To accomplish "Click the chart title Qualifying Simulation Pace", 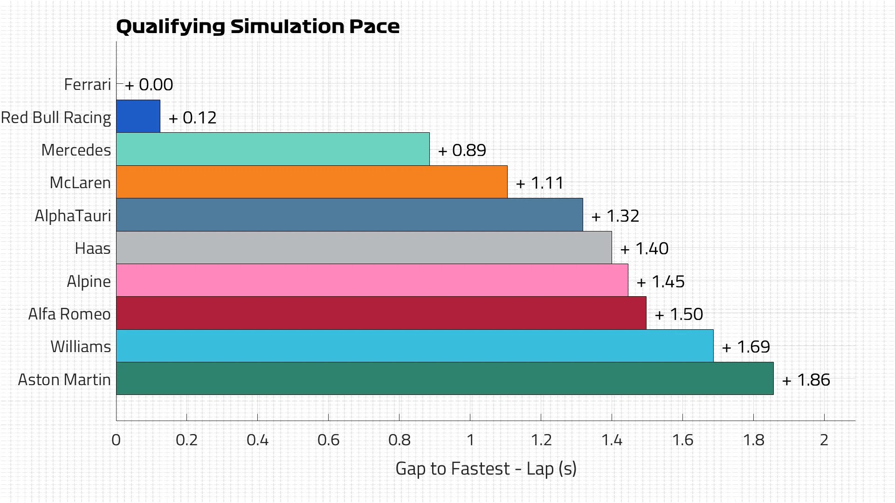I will coord(257,27).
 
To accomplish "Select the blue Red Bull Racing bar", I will coord(138,116).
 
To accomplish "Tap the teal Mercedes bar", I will coord(273,149).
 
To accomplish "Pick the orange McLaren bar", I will coord(311,182).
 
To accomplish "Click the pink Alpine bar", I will coord(372,280).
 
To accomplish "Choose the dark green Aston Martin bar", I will coord(445,379).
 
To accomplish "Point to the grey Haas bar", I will coord(364,247).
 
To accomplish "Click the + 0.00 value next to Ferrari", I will coord(149,85).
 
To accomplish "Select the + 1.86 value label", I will coord(806,380).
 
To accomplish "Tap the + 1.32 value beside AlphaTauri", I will coord(615,216).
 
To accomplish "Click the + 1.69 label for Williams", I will coord(746,347).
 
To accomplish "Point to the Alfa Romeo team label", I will coord(69,314).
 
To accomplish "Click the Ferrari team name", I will coord(88,85).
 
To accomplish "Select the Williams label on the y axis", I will coord(81,347).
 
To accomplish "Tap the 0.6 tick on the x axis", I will coord(328,440).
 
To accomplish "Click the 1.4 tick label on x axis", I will coord(612,440).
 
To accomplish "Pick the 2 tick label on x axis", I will coord(824,440).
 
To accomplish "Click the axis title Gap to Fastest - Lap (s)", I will coord(486,469).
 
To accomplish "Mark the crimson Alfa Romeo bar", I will coord(381,313).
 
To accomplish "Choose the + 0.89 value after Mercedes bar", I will coord(462,150).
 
